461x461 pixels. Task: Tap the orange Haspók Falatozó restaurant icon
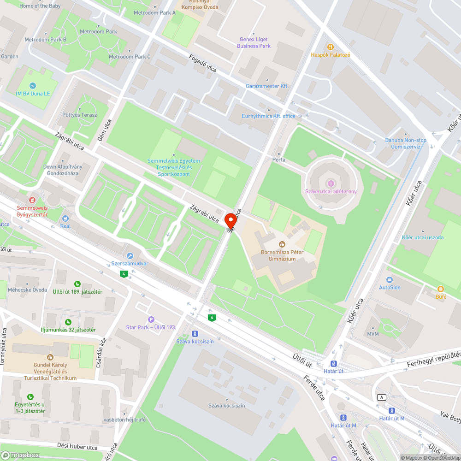(330, 47)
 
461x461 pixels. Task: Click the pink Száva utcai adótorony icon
(331, 183)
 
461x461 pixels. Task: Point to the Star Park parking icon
(151, 319)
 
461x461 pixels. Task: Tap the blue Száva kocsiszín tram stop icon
(195, 333)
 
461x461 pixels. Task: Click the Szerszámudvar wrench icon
(130, 256)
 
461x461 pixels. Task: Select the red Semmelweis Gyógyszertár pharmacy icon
(32, 200)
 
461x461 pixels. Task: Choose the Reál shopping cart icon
(65, 218)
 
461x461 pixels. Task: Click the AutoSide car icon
(390, 280)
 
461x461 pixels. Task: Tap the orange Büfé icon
(441, 289)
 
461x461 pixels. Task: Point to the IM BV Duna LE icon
(32, 86)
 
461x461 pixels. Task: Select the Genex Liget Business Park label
(254, 43)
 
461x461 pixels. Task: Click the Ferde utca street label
(314, 388)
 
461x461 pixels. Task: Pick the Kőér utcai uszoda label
(423, 237)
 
